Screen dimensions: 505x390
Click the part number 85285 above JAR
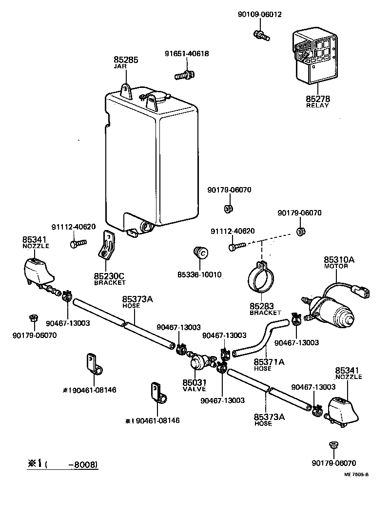tap(126, 60)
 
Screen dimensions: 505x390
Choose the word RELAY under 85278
tap(317, 105)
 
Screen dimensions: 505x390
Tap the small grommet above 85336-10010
tap(200, 253)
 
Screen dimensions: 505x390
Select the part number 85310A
tap(339, 260)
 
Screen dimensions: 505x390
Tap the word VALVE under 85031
tap(194, 389)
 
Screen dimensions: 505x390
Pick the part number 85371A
tap(269, 362)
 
